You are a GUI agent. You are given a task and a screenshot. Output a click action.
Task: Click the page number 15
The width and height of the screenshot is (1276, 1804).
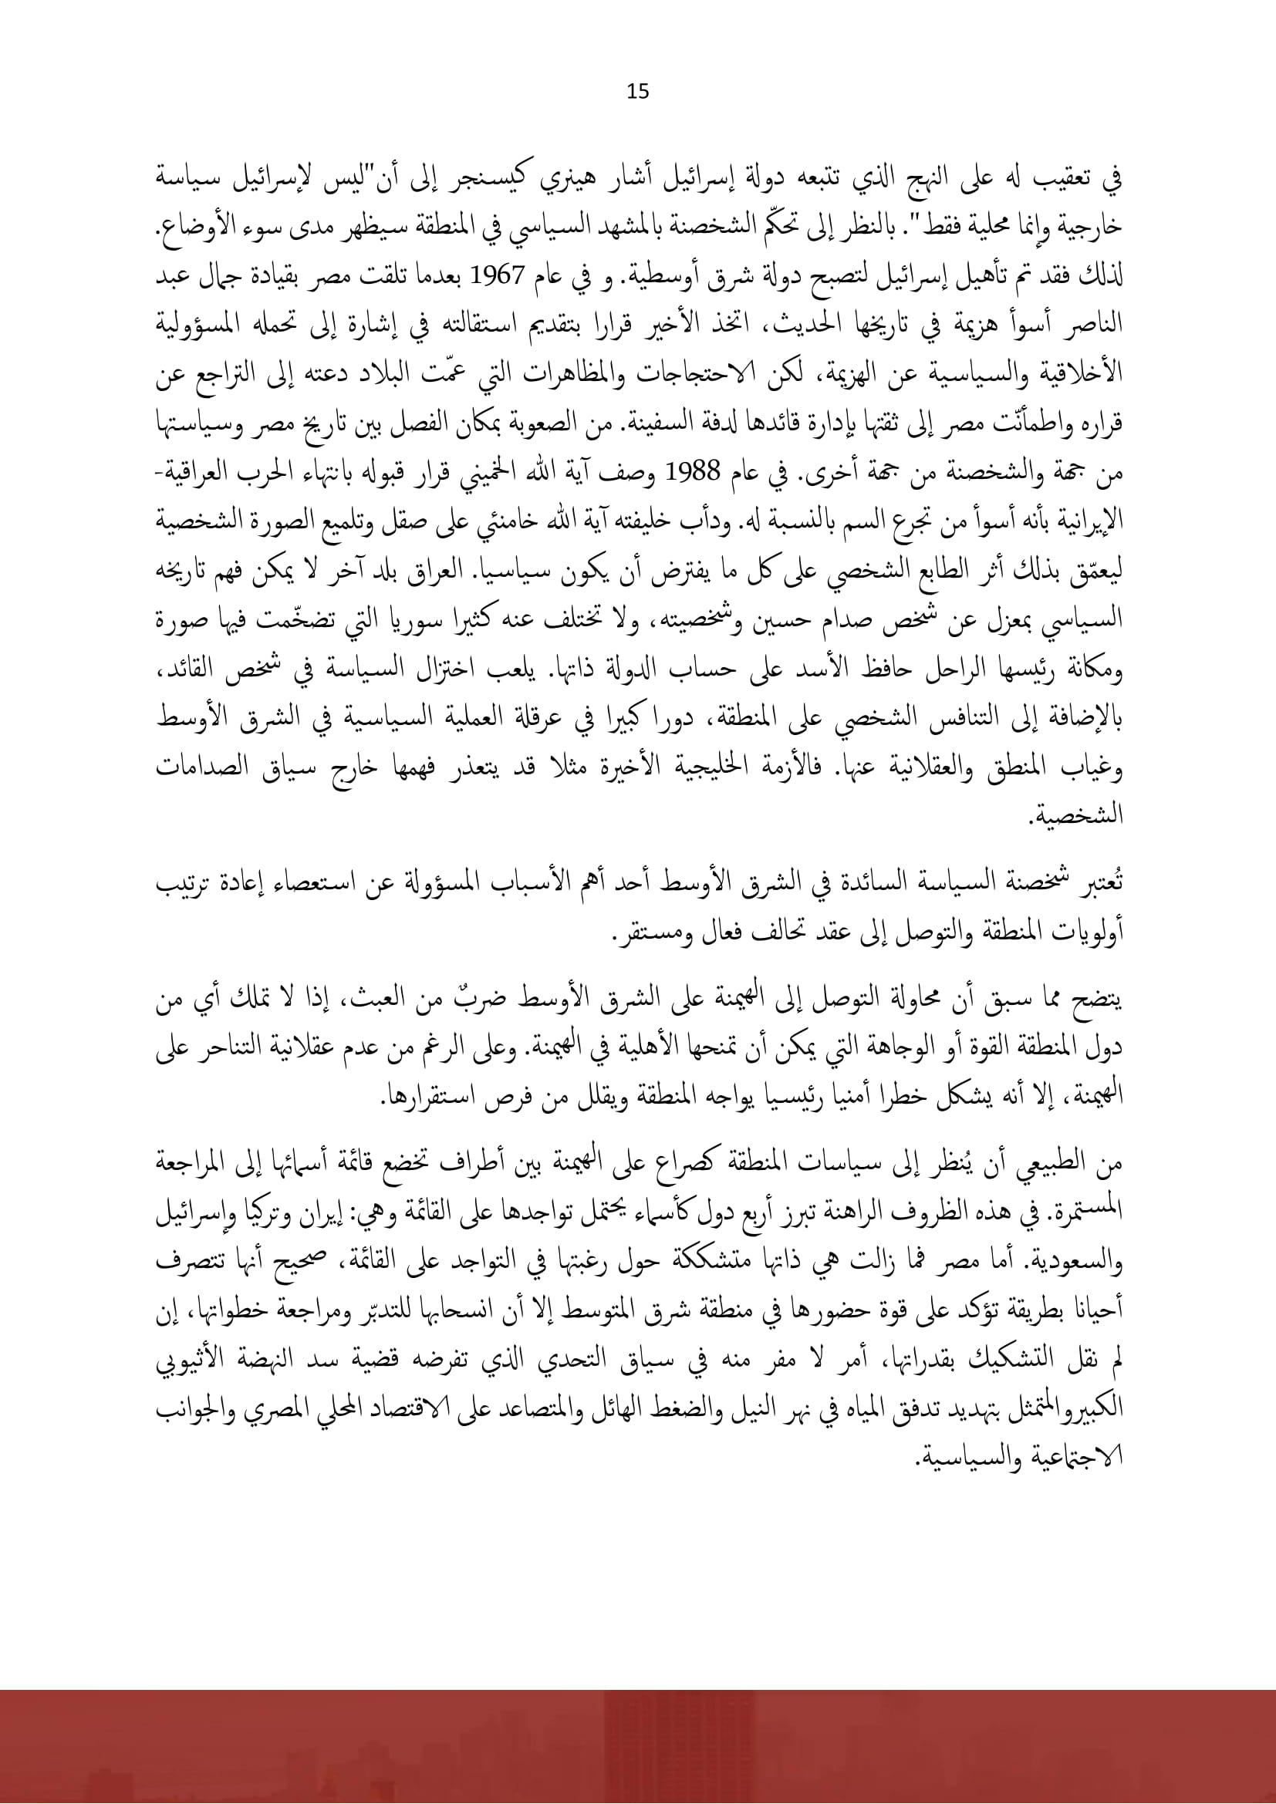click(x=638, y=93)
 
